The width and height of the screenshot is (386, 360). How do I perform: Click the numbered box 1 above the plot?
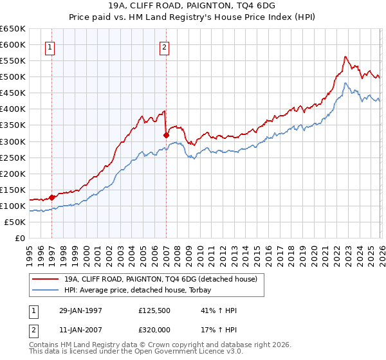pos(50,46)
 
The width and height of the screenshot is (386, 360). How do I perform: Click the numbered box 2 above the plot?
pos(165,46)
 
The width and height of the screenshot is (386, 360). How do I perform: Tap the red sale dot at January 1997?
pos(52,197)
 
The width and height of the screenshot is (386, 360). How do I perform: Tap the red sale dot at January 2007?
pos(166,135)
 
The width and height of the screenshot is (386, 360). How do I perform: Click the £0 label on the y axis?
pos(20,238)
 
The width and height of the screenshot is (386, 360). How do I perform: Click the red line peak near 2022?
pos(345,57)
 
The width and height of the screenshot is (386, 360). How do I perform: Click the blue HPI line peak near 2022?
pos(345,83)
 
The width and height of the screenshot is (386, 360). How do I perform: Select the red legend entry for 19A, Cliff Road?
pos(161,279)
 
